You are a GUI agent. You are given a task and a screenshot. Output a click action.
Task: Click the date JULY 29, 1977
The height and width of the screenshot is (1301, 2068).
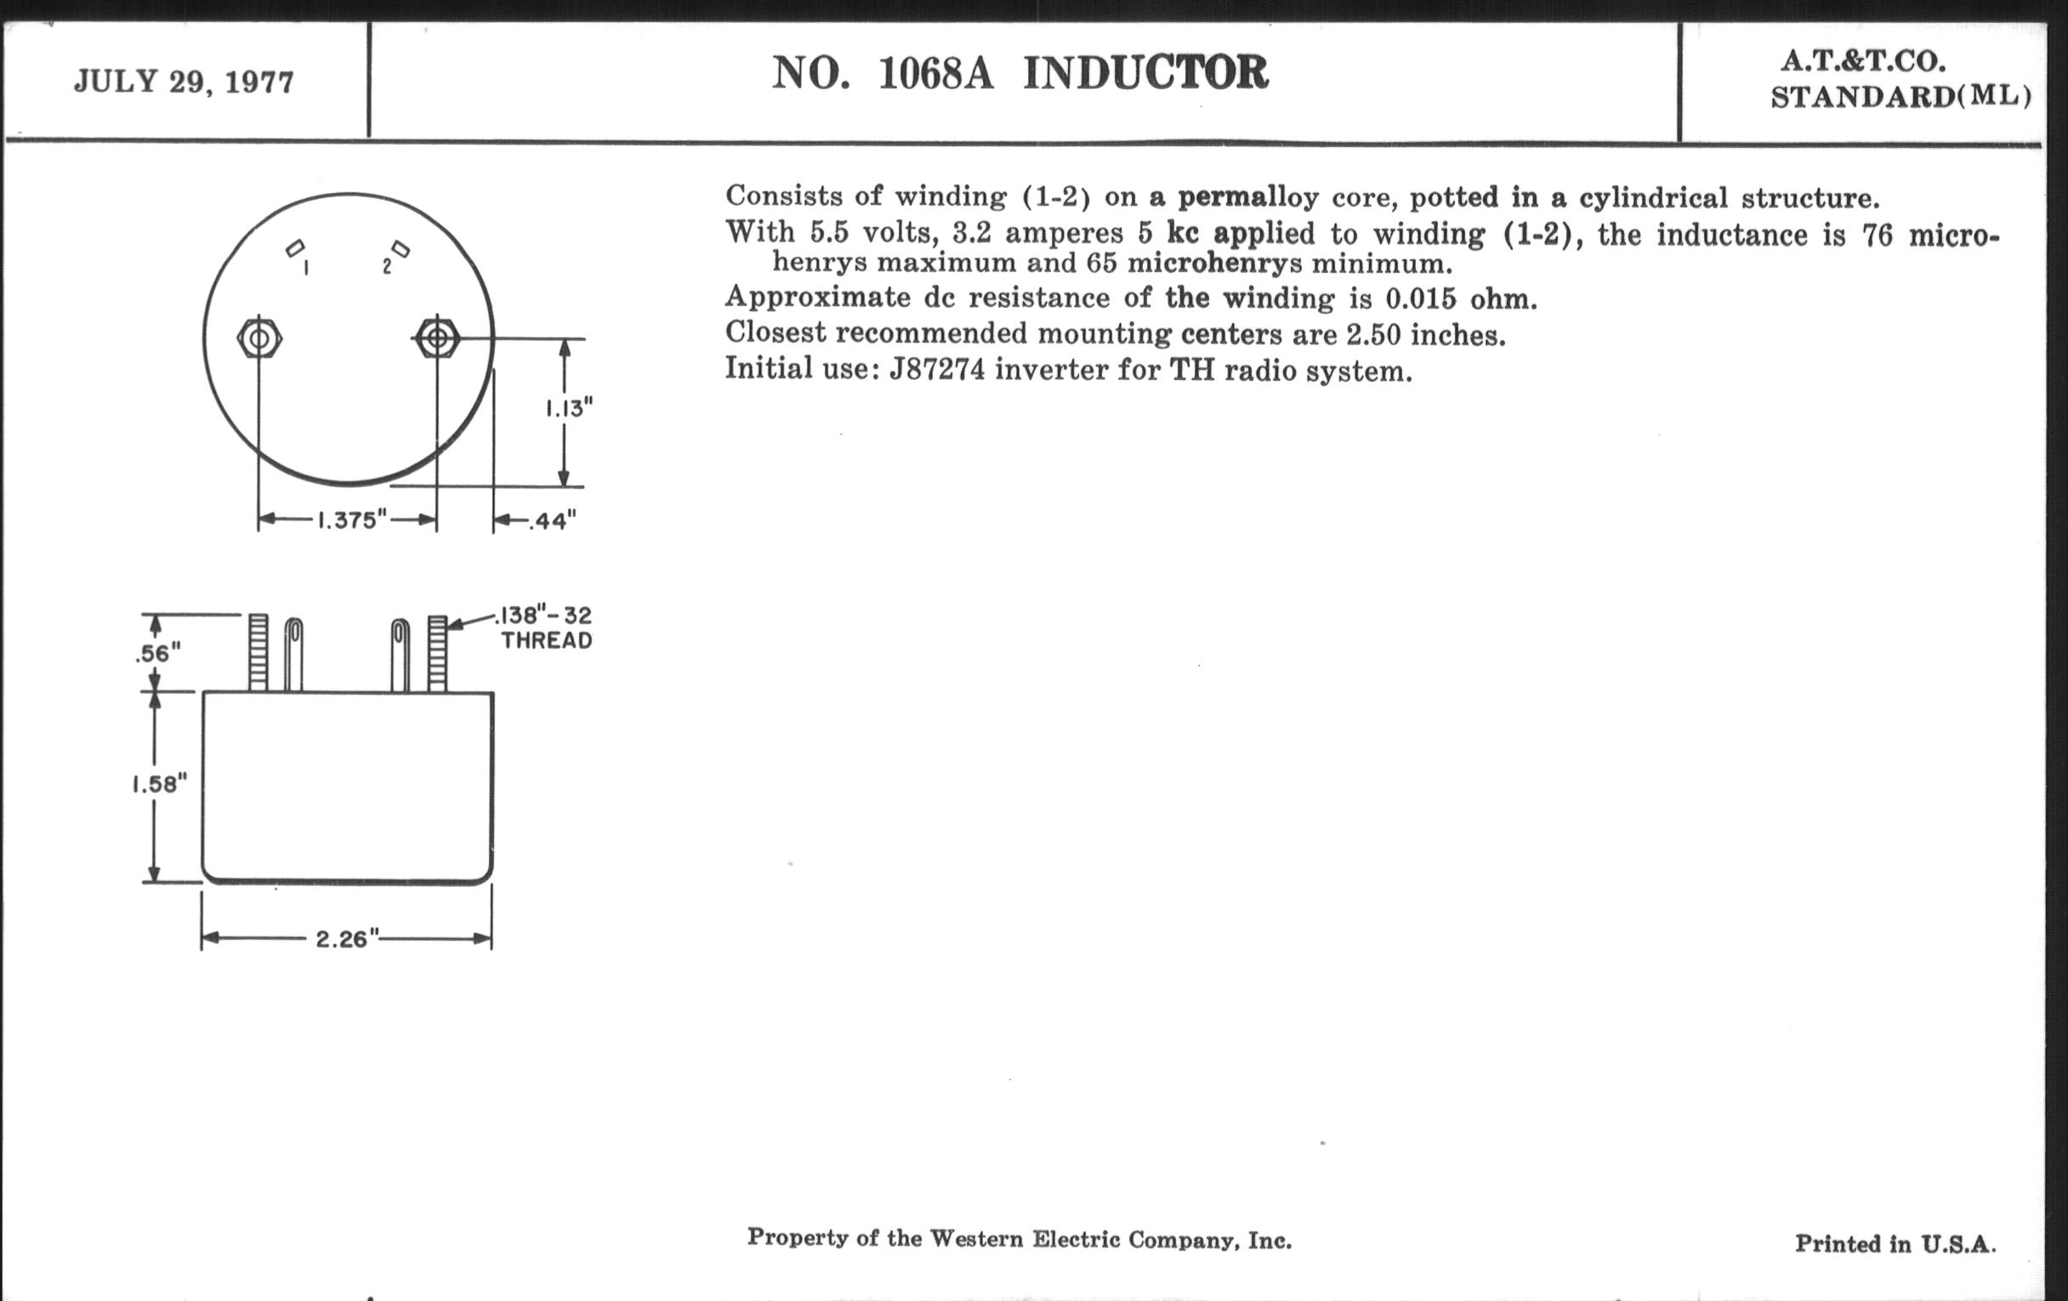[184, 82]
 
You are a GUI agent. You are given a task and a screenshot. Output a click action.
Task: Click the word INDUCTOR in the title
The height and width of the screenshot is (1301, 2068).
[1145, 72]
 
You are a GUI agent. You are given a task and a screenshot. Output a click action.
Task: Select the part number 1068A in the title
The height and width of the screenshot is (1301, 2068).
[935, 73]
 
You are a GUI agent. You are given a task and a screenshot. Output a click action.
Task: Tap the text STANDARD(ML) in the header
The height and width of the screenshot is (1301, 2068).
[1900, 97]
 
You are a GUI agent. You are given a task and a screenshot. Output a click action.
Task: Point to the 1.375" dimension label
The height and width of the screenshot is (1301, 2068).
[352, 520]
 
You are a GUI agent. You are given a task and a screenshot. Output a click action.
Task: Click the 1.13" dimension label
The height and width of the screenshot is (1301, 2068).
[569, 408]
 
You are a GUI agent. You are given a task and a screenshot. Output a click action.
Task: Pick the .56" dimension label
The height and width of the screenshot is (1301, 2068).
[158, 654]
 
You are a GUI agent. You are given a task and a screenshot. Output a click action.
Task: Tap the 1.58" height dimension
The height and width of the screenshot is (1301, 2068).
[159, 784]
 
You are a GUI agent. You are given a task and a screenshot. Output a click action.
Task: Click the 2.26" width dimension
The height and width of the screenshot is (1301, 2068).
[347, 939]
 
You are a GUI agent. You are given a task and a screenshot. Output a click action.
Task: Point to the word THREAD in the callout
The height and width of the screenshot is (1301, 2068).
[547, 640]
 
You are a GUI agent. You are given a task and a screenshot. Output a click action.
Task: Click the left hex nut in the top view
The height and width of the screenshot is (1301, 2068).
[259, 338]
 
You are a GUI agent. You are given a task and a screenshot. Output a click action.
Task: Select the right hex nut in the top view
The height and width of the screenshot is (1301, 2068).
[437, 338]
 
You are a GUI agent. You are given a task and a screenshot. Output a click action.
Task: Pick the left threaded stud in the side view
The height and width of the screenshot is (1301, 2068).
[258, 653]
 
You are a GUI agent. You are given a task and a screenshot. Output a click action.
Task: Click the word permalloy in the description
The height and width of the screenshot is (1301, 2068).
[1247, 197]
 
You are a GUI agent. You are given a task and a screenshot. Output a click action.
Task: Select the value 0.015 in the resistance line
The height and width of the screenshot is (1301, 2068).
[1420, 298]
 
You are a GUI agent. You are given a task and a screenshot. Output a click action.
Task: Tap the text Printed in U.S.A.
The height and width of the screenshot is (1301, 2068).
[1895, 1243]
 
